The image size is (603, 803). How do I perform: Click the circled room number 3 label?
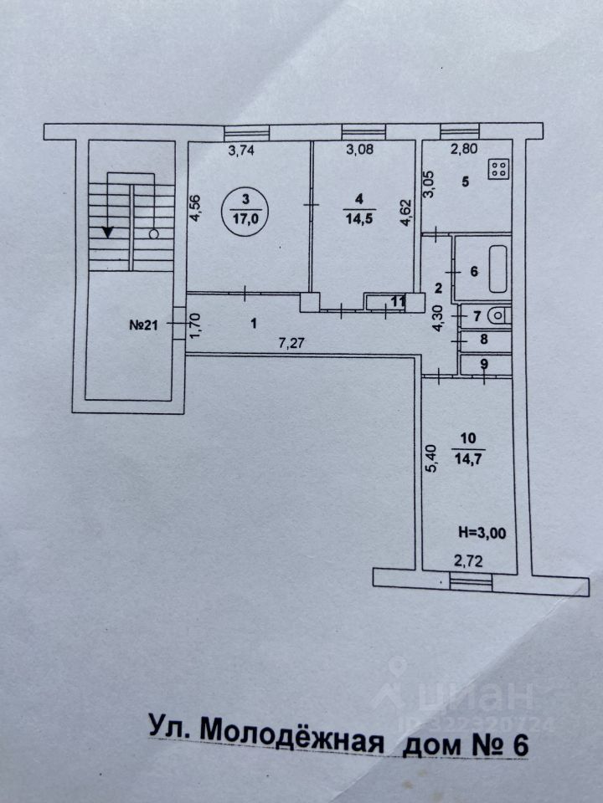[245, 198]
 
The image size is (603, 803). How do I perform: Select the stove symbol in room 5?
[499, 170]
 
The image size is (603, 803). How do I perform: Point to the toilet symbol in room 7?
[497, 315]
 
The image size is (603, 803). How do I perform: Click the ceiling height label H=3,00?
[483, 529]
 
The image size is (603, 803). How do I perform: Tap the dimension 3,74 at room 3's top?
[244, 151]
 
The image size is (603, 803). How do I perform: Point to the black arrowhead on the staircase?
[107, 232]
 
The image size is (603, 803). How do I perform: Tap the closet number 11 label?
[397, 301]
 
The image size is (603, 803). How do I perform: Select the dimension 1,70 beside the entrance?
[195, 324]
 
